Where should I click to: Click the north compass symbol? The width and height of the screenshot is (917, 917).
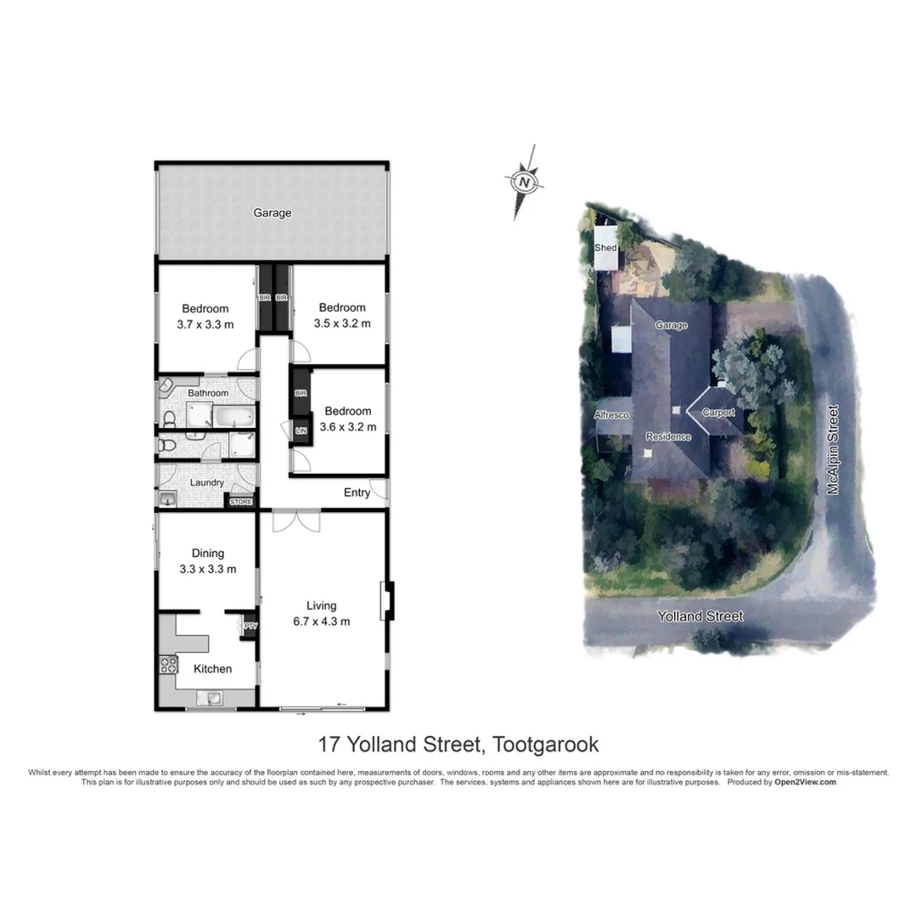tap(525, 182)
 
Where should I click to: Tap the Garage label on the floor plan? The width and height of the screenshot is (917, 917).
tap(272, 213)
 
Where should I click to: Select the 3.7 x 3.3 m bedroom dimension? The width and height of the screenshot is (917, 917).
tap(205, 323)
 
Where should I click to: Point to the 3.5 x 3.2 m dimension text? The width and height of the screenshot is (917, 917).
tap(341, 323)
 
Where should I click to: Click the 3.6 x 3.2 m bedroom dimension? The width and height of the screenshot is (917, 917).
tap(347, 427)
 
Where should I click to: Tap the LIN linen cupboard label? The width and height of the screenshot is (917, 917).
tap(300, 431)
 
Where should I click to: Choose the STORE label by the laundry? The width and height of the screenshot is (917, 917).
tap(241, 502)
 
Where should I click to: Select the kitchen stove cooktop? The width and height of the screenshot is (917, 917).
tap(167, 666)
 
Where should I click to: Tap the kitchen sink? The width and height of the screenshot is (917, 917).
tap(209, 699)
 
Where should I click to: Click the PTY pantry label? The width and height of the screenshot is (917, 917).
tap(250, 627)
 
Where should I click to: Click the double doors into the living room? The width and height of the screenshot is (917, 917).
tap(296, 520)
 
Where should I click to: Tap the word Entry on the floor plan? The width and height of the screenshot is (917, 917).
tap(357, 492)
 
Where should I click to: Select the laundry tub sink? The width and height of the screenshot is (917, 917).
tap(167, 499)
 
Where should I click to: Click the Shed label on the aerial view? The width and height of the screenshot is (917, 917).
tap(605, 248)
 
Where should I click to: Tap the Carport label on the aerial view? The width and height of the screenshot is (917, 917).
tap(717, 413)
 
